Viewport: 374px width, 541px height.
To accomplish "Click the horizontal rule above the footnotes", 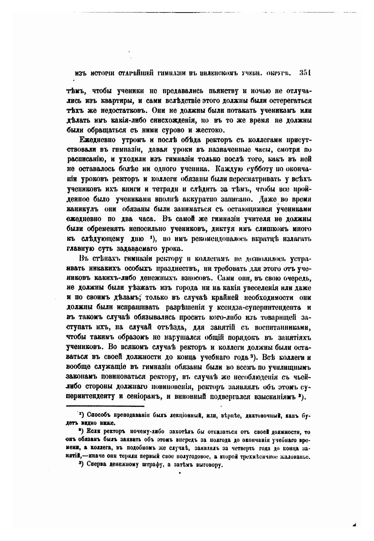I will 105,406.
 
